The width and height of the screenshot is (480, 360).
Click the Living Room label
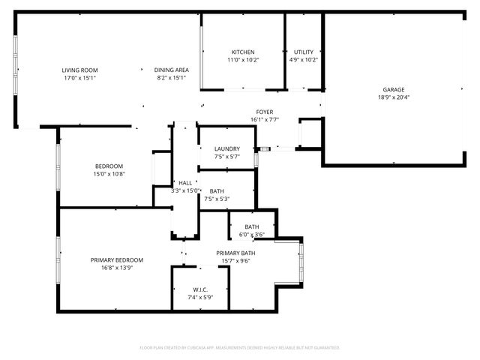tap(79, 70)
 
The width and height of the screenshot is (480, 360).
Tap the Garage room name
tap(393, 88)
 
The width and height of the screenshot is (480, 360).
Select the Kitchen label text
tap(242, 52)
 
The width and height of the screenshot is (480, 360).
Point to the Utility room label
tap(304, 52)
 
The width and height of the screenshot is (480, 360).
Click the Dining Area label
tap(171, 70)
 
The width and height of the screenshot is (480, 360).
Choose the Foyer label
tap(265, 111)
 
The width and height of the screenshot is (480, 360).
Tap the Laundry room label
tap(226, 148)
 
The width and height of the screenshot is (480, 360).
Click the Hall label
tap(184, 182)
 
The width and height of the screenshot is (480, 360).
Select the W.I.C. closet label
tap(200, 289)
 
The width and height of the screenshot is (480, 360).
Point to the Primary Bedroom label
tap(117, 260)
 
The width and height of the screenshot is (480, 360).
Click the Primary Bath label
tap(236, 253)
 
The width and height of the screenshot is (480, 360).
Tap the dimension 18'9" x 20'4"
tap(393, 97)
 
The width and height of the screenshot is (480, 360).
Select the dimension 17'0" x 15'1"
tap(79, 78)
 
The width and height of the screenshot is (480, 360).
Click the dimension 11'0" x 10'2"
tap(242, 60)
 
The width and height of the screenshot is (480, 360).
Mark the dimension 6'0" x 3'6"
tap(252, 235)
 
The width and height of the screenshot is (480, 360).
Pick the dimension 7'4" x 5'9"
tap(200, 298)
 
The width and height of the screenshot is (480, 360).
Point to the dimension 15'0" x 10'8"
tap(109, 174)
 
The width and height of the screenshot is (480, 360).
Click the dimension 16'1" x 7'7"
tap(265, 119)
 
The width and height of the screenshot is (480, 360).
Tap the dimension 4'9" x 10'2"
tap(304, 60)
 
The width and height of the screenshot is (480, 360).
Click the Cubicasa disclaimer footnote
tap(240, 348)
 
